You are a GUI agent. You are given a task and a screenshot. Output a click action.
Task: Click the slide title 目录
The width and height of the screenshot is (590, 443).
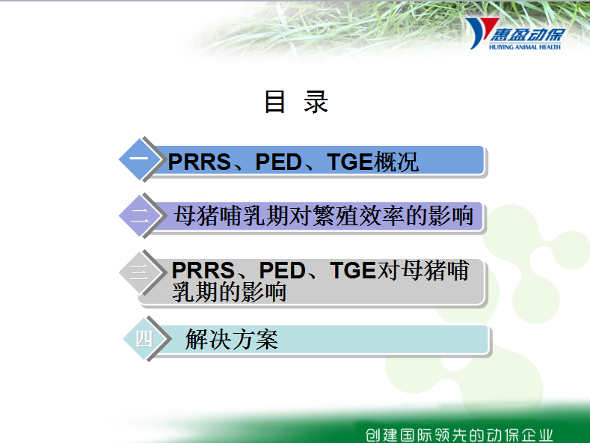(297, 102)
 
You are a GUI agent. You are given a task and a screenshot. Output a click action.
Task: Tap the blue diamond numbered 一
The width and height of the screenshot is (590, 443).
(140, 159)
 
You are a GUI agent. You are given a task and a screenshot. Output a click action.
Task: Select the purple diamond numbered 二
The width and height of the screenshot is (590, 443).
(140, 216)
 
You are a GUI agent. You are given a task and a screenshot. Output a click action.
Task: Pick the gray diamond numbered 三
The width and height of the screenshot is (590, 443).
(140, 272)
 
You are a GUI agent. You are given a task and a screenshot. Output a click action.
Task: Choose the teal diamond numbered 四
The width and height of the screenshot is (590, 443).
(144, 339)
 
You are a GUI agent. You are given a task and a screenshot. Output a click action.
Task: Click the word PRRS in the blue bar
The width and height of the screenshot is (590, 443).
(200, 162)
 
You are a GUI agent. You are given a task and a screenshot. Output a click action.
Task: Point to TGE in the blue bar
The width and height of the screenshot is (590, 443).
(349, 162)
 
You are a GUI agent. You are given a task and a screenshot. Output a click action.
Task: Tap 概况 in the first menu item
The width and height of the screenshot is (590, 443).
(395, 162)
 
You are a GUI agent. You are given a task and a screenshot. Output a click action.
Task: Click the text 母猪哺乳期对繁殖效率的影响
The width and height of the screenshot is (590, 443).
(324, 216)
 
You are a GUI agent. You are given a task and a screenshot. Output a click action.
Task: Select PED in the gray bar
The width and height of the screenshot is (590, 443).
(282, 270)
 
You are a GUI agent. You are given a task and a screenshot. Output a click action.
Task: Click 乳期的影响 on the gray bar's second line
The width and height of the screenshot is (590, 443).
(229, 292)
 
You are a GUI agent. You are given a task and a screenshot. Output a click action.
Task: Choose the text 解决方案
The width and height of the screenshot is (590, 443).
(232, 339)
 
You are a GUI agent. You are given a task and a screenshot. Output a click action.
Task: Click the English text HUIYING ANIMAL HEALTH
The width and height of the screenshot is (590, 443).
(525, 47)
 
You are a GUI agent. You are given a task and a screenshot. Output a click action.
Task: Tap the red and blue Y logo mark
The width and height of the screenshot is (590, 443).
(480, 32)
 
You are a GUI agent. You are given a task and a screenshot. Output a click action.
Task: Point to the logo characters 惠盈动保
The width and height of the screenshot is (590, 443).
(527, 34)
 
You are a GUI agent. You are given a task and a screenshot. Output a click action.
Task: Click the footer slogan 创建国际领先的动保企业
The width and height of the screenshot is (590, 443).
(459, 435)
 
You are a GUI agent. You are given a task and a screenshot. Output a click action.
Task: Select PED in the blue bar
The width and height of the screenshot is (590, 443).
(278, 162)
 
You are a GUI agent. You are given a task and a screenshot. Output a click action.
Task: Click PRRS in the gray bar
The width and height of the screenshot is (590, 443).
(203, 270)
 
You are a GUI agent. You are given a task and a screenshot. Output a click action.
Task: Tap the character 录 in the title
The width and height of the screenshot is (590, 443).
(316, 102)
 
